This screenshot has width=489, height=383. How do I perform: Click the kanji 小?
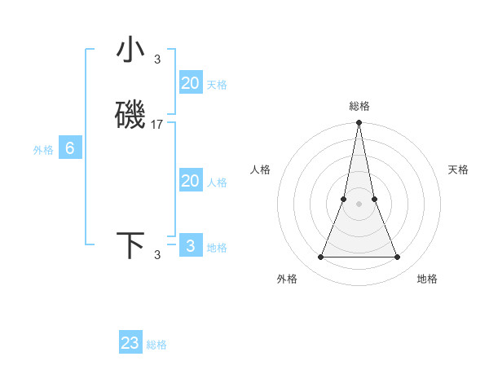tap(130, 51)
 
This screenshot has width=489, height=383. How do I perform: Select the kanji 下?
tap(130, 245)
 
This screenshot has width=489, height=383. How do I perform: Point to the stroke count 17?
tap(157, 125)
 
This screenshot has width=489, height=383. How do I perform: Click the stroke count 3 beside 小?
tap(157, 59)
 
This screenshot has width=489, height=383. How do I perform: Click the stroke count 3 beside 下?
tap(157, 255)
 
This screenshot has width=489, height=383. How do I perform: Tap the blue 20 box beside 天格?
tap(191, 83)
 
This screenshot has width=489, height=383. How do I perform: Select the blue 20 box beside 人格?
tap(191, 181)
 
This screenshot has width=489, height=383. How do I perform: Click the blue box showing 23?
tap(130, 343)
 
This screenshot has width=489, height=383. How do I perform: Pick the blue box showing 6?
tap(70, 148)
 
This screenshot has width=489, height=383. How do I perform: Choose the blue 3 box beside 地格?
tap(191, 246)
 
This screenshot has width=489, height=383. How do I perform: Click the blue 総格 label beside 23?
tap(156, 345)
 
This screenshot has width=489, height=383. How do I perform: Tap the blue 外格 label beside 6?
tap(43, 150)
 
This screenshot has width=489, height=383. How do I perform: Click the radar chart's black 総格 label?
tap(359, 106)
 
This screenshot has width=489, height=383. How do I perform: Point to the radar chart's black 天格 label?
tap(458, 169)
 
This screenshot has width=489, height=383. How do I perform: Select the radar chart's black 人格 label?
tap(261, 169)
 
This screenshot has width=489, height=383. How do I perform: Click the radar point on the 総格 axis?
tap(359, 123)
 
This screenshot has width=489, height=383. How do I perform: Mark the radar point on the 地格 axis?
tap(398, 258)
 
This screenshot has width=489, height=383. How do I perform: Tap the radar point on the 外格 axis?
tap(320, 258)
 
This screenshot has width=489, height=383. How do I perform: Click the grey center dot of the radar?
tap(359, 204)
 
